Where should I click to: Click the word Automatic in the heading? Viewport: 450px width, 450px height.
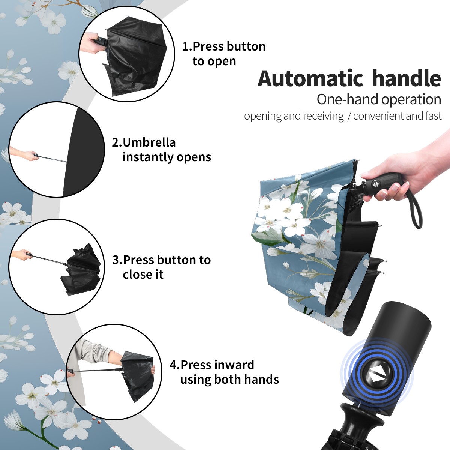pyautogui.click(x=310, y=79)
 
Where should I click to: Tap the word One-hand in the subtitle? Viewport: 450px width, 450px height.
pyautogui.click(x=348, y=99)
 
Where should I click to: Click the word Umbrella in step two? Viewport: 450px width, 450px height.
pyautogui.click(x=149, y=142)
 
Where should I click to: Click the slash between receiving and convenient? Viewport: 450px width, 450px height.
pyautogui.click(x=349, y=116)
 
